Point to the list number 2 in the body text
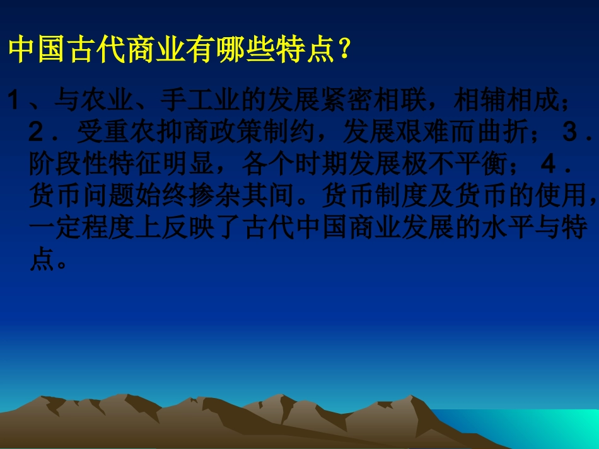(x=37, y=133)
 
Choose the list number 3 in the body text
(x=569, y=133)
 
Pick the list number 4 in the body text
(x=549, y=165)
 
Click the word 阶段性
(x=69, y=165)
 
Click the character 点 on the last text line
(x=42, y=261)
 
